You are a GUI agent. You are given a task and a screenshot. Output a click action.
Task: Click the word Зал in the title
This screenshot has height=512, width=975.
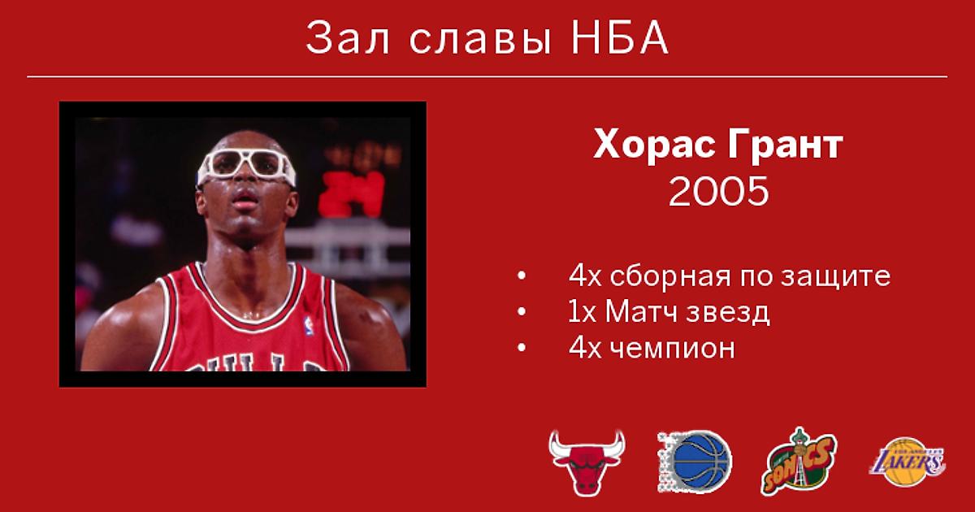348,38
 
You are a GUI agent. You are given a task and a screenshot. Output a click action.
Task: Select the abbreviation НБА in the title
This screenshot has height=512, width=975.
620,38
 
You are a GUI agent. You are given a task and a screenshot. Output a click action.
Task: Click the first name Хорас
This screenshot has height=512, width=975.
655,145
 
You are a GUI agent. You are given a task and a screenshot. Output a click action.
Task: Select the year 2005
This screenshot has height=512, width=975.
718,191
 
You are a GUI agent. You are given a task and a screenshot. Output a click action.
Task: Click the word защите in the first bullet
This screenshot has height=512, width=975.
835,277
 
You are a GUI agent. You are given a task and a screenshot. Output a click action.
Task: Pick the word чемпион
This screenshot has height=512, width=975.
673,349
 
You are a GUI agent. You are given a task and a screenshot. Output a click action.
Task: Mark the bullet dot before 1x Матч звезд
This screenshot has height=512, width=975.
522,312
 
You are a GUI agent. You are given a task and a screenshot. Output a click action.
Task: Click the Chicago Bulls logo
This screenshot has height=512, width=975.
587,462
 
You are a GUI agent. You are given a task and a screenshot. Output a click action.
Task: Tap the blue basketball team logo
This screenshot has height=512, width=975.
695,462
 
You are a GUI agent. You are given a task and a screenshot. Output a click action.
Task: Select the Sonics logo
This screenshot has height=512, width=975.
799,462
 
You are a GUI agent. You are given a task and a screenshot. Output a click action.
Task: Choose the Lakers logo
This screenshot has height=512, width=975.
908,462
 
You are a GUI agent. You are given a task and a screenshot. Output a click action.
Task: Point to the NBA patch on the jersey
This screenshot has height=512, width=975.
309,326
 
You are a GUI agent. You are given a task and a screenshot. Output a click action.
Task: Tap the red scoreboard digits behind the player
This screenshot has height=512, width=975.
352,193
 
